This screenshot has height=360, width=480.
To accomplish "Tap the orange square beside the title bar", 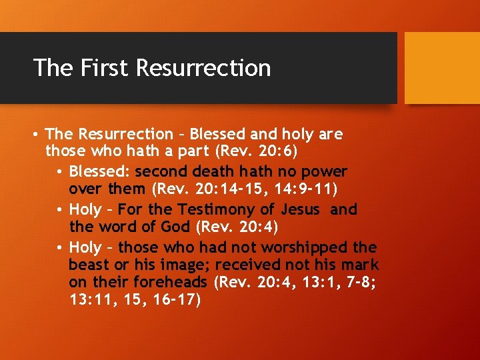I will [x=442, y=68].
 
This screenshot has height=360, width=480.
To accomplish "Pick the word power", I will [x=327, y=171].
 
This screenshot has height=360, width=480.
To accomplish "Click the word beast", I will [x=88, y=266].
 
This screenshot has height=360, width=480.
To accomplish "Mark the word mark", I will [x=361, y=266].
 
